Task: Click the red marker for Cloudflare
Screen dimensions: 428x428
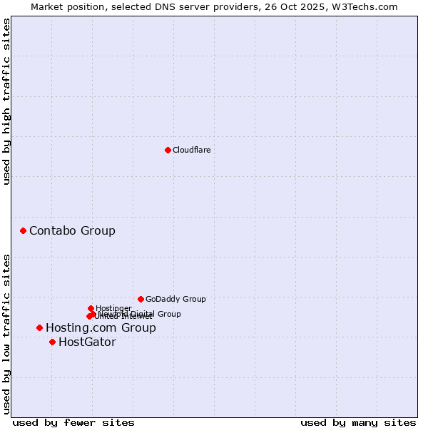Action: (168, 150)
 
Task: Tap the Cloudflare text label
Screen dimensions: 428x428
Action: (191, 150)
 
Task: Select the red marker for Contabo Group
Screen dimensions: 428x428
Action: (24, 230)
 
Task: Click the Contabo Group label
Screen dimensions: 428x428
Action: (72, 230)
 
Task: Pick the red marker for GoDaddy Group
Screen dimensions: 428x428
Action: (141, 299)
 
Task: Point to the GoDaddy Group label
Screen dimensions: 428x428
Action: (175, 299)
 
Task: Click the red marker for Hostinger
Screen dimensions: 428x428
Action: (91, 308)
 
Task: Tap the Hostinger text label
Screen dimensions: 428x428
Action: (113, 308)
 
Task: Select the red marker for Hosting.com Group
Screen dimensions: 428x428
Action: (40, 327)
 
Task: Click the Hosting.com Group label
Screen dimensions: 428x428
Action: (101, 327)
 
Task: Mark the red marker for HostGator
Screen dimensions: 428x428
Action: (52, 342)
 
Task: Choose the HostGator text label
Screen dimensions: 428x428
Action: (87, 342)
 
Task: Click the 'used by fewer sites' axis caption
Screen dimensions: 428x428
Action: (73, 422)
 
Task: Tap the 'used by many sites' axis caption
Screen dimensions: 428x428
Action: (358, 422)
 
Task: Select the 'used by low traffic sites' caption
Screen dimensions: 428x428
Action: (7, 334)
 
